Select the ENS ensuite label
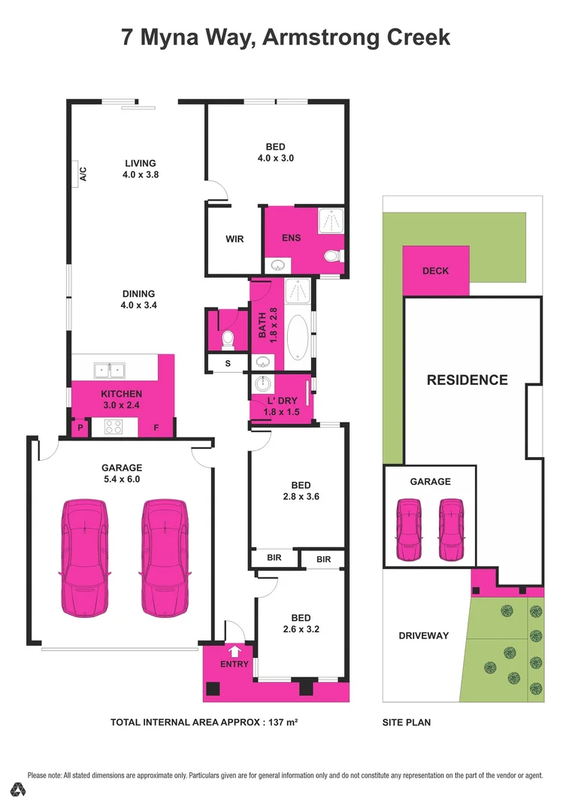click(292, 238)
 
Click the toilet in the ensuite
click(331, 257)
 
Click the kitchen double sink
click(110, 370)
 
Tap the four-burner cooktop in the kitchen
click(115, 427)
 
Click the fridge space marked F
click(157, 428)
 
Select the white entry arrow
click(235, 651)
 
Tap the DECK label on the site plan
click(435, 271)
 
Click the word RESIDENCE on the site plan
click(467, 380)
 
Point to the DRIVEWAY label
click(423, 635)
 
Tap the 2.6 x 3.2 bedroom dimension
click(301, 629)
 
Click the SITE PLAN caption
click(406, 723)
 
